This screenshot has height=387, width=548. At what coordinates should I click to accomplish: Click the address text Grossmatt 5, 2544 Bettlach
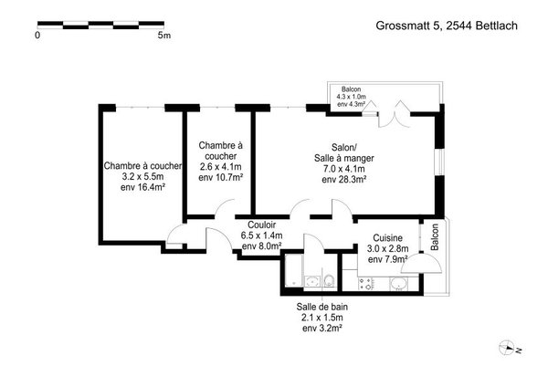coord(447,26)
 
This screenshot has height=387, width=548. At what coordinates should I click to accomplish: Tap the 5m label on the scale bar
coord(164,36)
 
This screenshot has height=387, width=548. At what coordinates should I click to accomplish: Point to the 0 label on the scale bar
coord(37,36)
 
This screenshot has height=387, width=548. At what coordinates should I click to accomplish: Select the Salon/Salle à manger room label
coord(344,152)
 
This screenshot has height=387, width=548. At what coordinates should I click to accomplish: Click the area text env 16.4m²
coord(142,187)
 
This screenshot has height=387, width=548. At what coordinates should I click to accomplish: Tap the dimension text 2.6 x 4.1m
coord(220,167)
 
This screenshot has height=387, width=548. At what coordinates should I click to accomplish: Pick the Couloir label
coord(262,225)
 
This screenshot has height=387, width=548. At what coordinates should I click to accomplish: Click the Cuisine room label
coord(387,238)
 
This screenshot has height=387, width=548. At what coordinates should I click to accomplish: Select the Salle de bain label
coord(322,307)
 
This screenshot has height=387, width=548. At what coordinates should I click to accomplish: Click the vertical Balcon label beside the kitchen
coord(435,237)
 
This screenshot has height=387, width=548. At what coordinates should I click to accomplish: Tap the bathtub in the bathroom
coord(293,271)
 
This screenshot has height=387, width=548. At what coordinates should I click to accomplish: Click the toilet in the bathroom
coord(329,280)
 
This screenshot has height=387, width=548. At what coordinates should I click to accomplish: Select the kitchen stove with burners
coord(366,284)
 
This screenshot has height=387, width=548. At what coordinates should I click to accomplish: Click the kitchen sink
coord(398,284)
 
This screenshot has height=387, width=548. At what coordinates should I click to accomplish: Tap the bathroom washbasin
coord(312,281)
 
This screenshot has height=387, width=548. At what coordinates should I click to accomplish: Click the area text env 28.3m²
coord(344,180)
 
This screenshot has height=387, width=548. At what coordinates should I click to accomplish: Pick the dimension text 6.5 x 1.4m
coord(262,235)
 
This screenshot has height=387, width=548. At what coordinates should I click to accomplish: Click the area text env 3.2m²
coord(322,328)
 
